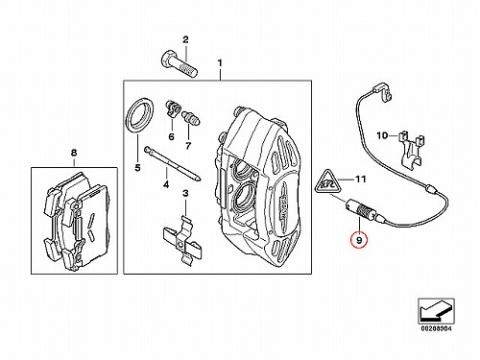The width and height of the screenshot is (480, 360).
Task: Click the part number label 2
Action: coord(185,39)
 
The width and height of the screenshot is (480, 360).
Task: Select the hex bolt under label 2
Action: coord(179,64)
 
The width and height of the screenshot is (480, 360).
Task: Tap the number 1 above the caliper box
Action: coord(220,63)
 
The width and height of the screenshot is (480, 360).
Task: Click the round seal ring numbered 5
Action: coord(140,115)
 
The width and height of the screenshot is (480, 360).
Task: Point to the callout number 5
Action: coord(137,168)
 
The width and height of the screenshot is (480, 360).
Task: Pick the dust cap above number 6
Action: coord(173,108)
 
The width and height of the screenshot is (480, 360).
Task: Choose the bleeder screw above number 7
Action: coord(191,118)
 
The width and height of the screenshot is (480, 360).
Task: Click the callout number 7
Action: coord(188,146)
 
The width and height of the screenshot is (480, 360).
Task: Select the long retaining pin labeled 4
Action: coord(173,164)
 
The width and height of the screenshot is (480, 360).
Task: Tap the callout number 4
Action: coord(166,184)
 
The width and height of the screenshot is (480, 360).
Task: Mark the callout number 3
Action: coord(185,193)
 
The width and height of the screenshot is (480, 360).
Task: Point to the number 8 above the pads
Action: coord(74,153)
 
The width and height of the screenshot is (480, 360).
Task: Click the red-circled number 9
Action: coord(359,240)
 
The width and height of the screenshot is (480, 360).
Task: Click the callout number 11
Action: coord(360,180)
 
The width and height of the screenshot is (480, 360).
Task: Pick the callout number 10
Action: coord(382,135)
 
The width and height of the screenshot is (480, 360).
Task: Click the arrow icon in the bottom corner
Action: coord(436,310)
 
